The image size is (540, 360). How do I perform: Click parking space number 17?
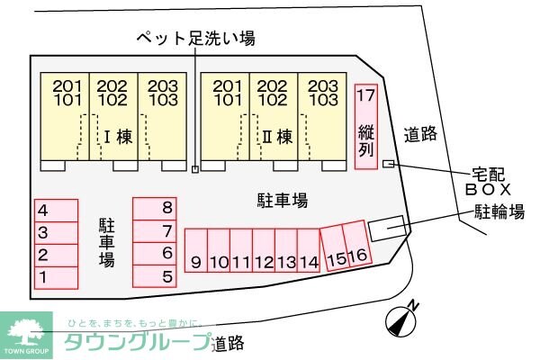click(365, 126)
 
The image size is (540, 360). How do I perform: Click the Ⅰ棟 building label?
click(118, 138)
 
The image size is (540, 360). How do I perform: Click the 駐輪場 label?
click(499, 212)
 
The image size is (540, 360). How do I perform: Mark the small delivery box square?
click(388, 163)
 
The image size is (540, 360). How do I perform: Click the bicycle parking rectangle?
click(388, 228)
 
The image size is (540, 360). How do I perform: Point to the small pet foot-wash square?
click(195, 167)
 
